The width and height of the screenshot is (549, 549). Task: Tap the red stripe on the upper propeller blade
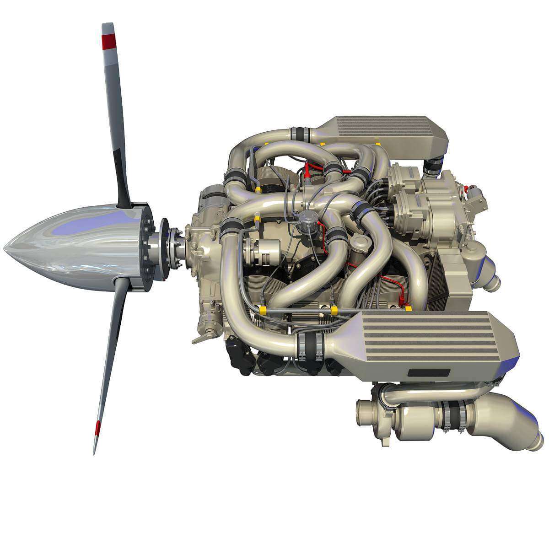pos(109,42)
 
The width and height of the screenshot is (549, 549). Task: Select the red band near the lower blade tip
pos(97,427)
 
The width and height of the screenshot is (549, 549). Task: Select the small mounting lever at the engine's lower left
pos(202,339)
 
